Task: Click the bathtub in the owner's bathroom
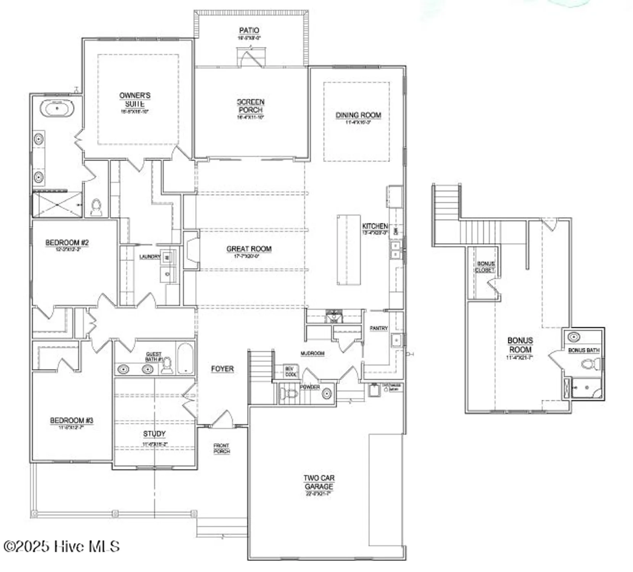point(57,109)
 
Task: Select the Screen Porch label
point(251,106)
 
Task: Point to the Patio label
point(249,31)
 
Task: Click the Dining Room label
point(358,115)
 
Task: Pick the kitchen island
point(349,250)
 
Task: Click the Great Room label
point(249,249)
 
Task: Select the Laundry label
point(150,257)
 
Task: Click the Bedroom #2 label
point(67,243)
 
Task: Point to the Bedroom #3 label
point(71,421)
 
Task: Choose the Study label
point(154,434)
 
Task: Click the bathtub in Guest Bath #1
point(186,358)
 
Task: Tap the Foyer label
point(222,369)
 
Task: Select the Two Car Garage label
point(319,482)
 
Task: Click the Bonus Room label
point(520,345)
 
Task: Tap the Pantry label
point(379,328)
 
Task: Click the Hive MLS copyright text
point(61,546)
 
